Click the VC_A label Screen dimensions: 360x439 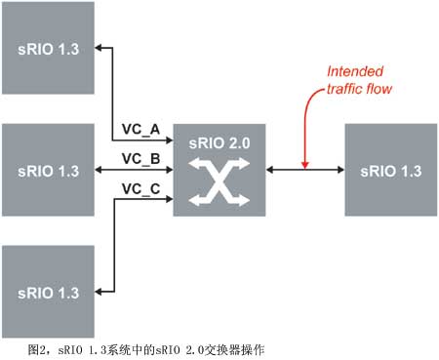139,129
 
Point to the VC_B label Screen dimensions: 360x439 139,158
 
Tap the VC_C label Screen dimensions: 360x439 139,187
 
